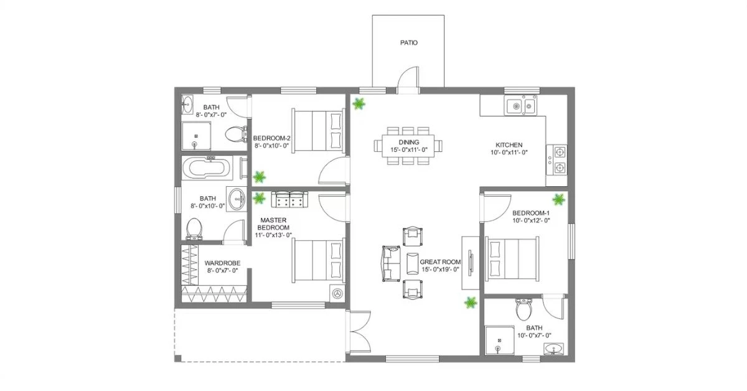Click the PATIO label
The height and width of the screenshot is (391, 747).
[x=408, y=43]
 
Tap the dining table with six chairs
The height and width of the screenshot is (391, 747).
[x=408, y=146]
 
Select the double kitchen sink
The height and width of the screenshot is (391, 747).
[x=521, y=106]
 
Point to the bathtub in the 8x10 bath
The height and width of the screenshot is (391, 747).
[x=207, y=168]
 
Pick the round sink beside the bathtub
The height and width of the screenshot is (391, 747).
[x=237, y=200]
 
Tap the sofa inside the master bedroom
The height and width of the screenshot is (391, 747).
[x=289, y=199]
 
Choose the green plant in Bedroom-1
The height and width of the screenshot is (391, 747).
[x=559, y=200]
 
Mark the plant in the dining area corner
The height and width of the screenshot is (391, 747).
[x=359, y=103]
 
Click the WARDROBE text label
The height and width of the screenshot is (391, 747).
[x=222, y=263]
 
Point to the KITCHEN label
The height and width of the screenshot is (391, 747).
[x=509, y=144]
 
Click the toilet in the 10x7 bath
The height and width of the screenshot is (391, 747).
[x=523, y=307]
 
